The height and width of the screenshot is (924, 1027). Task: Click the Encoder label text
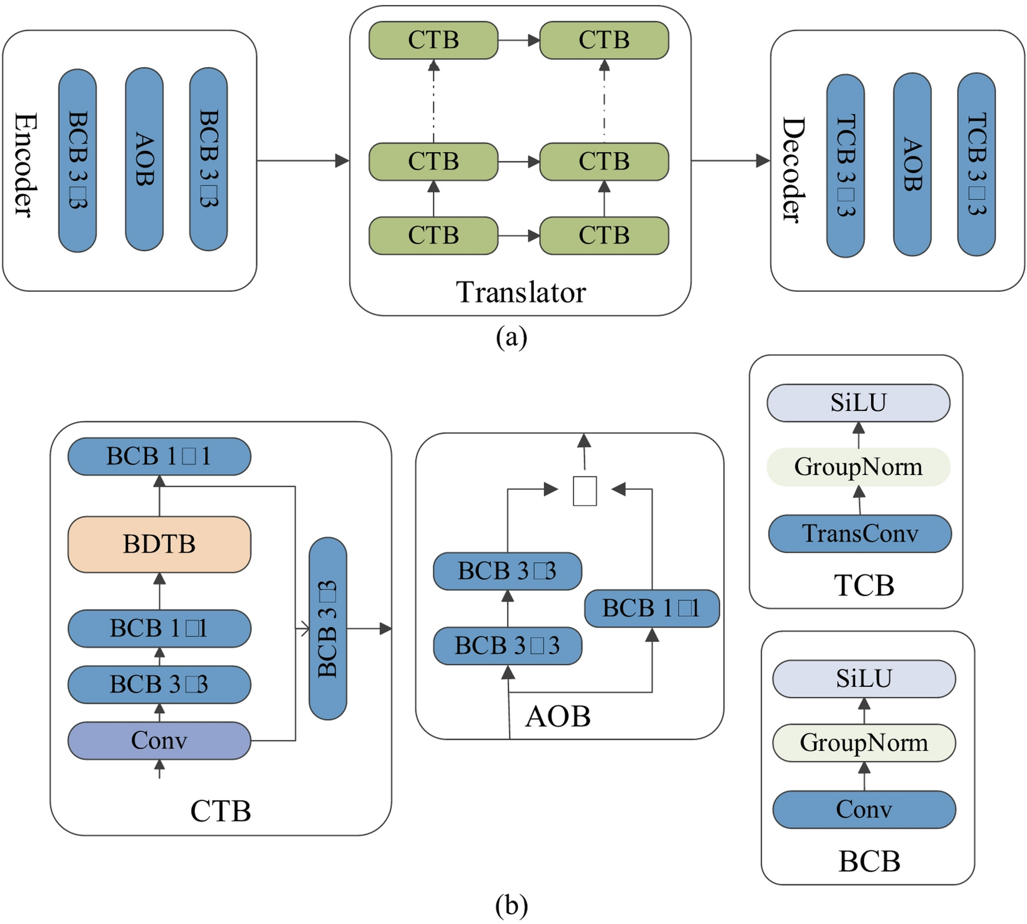[25, 165]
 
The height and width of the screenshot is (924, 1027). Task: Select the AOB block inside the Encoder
[144, 160]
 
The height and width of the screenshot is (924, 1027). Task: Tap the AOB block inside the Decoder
[912, 165]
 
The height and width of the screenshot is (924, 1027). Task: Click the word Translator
[520, 292]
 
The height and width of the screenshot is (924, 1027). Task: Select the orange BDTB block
[159, 544]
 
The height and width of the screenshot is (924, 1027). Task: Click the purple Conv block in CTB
[159, 740]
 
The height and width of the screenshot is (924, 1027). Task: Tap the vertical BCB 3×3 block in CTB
[327, 628]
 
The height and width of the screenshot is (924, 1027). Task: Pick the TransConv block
[859, 533]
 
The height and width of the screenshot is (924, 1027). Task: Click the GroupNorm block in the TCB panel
[858, 467]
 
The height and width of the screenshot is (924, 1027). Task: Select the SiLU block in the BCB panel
[864, 679]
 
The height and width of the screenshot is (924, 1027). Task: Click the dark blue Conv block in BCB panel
[864, 809]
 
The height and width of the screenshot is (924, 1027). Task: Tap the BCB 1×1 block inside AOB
[651, 608]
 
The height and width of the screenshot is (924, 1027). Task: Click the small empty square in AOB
[584, 491]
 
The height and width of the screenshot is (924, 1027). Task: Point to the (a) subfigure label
[511, 337]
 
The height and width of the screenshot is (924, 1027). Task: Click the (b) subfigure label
[511, 905]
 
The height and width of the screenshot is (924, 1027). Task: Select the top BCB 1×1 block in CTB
[159, 456]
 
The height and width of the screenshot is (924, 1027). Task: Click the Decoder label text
[792, 169]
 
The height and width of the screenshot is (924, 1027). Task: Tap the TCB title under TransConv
[864, 585]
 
